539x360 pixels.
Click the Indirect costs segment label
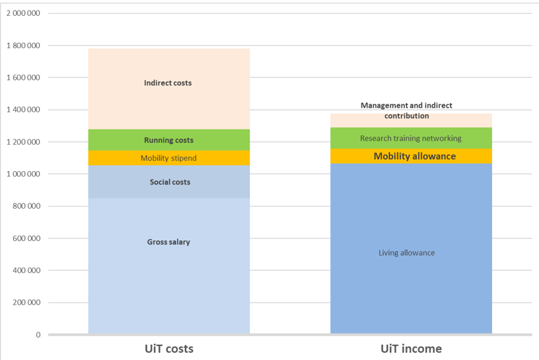168,83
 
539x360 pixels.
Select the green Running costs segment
168,140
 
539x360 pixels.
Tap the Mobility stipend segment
168,158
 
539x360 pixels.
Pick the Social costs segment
170,182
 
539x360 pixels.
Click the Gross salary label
168,242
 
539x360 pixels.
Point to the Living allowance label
406,252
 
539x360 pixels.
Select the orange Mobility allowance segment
414,157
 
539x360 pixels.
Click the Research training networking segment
410,138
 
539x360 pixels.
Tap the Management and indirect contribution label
406,110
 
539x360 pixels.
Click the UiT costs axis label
168,348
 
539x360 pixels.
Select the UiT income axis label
411,348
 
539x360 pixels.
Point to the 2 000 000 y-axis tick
23,13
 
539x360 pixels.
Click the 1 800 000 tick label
23,46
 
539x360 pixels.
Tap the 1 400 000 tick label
23,110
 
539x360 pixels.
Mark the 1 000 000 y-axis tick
23,174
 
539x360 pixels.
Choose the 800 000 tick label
26,206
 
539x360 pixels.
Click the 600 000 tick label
26,238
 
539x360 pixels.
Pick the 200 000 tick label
26,303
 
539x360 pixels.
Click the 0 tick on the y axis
38,335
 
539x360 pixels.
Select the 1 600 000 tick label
23,77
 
